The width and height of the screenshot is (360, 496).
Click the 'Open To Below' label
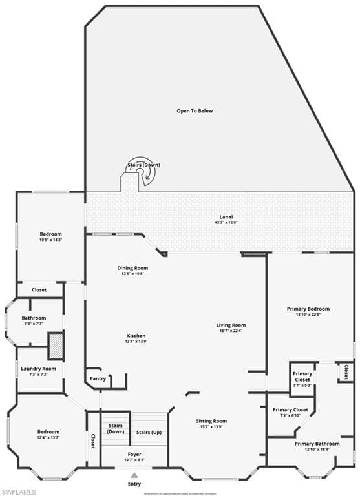[x=195, y=111]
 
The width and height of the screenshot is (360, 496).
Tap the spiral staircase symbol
[x=141, y=171]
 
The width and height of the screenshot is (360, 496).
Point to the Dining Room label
[x=132, y=268]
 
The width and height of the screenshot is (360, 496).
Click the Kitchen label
[x=136, y=336]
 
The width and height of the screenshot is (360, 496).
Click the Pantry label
[x=98, y=379]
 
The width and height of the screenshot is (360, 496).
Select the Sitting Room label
[x=211, y=421]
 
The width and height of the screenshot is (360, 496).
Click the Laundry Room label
[x=39, y=369]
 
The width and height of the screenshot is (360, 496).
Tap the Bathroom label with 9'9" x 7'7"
[x=34, y=318]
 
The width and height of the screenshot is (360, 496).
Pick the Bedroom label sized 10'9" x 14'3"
[x=50, y=234]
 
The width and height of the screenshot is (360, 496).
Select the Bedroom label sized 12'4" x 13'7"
[x=48, y=431]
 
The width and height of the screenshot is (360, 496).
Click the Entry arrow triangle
[x=134, y=475]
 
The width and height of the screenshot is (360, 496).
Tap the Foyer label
[x=134, y=455]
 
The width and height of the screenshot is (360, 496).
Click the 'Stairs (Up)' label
[x=148, y=432]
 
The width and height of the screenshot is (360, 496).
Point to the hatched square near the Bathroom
[x=56, y=345]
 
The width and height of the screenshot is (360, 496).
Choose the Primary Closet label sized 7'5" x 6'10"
[x=290, y=410]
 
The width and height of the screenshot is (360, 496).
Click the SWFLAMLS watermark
[x=19, y=491]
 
